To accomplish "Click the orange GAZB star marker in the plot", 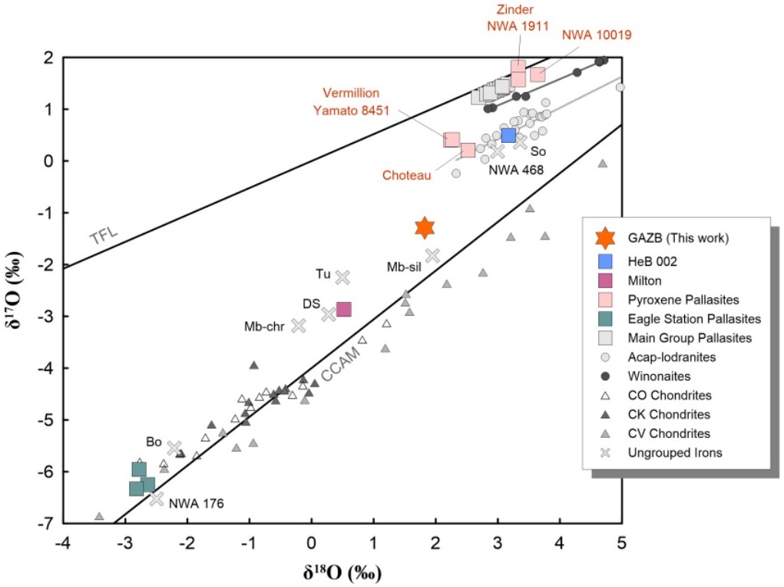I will pyautogui.click(x=425, y=227).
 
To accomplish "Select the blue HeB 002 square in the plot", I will pyautogui.click(x=508, y=135).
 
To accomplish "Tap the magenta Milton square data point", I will pyautogui.click(x=343, y=309).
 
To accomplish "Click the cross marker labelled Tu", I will pyautogui.click(x=342, y=277).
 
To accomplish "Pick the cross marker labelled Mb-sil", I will pyautogui.click(x=432, y=255).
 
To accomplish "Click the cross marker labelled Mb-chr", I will pyautogui.click(x=298, y=325).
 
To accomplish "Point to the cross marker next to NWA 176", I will pyautogui.click(x=156, y=499).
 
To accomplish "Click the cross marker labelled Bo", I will pyautogui.click(x=174, y=448).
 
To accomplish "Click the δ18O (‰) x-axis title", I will pyautogui.click(x=343, y=572).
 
